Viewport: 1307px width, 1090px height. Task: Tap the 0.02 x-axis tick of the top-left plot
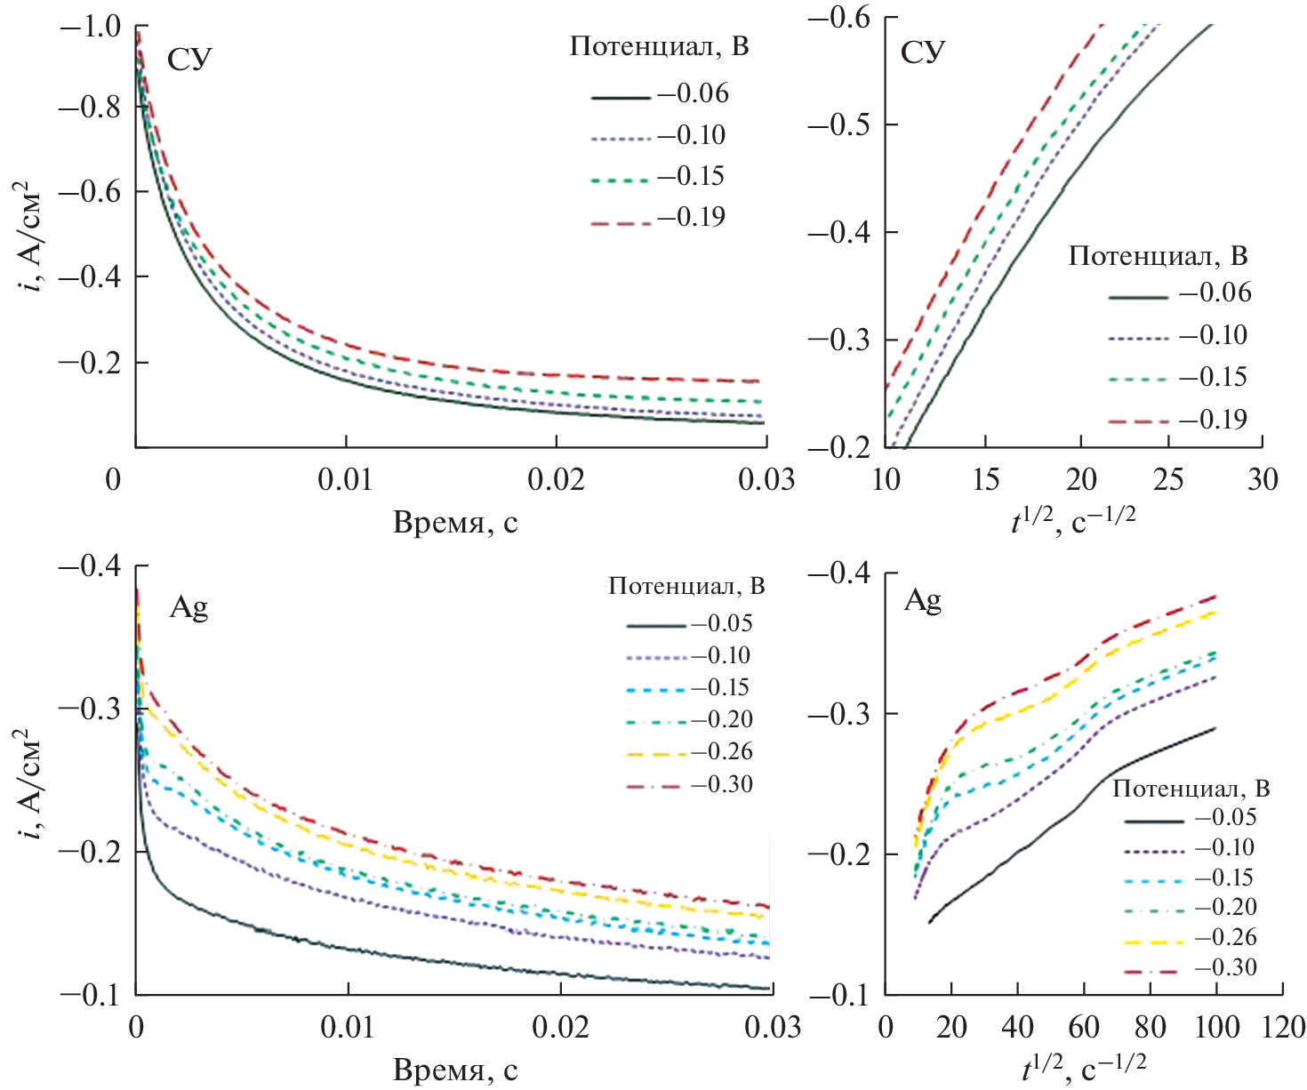(556, 480)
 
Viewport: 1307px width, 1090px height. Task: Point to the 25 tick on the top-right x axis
(1168, 480)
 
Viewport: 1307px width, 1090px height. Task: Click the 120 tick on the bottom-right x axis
(1283, 1028)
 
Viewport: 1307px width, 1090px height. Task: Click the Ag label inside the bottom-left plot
(188, 608)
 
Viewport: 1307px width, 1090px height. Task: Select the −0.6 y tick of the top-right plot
(838, 18)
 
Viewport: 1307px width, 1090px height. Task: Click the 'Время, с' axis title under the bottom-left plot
(455, 1070)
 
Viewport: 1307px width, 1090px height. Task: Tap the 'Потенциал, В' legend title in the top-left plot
(659, 46)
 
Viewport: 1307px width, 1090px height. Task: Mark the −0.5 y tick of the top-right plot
(838, 124)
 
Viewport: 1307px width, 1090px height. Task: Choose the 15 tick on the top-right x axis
(985, 480)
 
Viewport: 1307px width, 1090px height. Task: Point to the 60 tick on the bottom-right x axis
(1084, 1028)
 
